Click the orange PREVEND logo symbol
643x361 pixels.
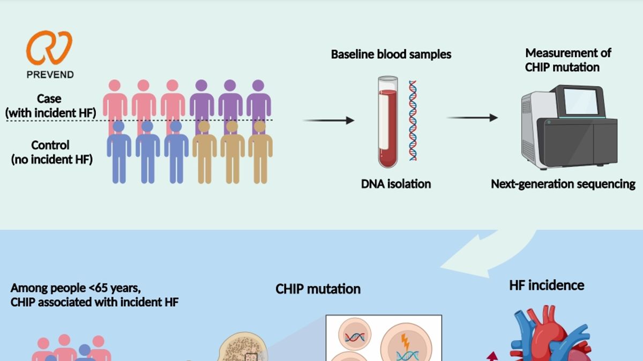pyautogui.click(x=49, y=48)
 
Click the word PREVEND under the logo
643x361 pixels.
pyautogui.click(x=50, y=74)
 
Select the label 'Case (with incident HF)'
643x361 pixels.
pyautogui.click(x=50, y=106)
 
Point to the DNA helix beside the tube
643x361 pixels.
pyautogui.click(x=413, y=121)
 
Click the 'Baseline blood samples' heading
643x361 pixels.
pyautogui.click(x=391, y=54)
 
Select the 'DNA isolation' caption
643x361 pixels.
pyautogui.click(x=395, y=184)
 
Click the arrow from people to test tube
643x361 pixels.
pyautogui.click(x=328, y=121)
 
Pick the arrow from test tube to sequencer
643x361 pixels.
pyautogui.click(x=472, y=117)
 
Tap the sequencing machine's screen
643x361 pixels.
pyautogui.click(x=580, y=101)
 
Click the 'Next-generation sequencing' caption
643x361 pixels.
pyautogui.click(x=563, y=184)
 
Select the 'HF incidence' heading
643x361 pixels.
pyautogui.click(x=546, y=285)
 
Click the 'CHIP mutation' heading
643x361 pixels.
pyautogui.click(x=318, y=289)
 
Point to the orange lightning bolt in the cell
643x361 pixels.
pyautogui.click(x=406, y=341)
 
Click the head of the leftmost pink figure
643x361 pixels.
pyautogui.click(x=114, y=86)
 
